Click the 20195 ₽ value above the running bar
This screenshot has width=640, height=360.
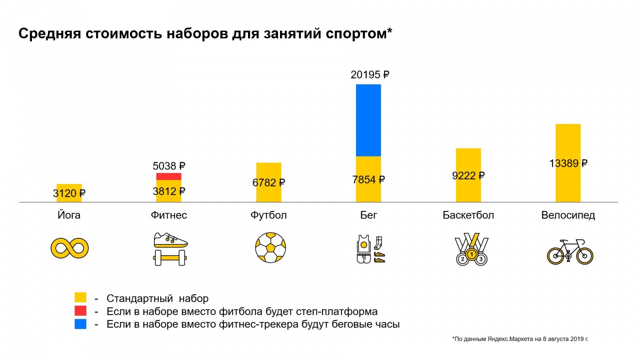[370, 75]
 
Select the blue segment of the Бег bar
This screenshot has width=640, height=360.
[368, 120]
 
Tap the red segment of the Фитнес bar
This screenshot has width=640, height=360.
[169, 176]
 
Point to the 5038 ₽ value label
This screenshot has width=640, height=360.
[169, 166]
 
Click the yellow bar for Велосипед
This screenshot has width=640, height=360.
[568, 144]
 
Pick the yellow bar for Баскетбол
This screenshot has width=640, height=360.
[468, 160]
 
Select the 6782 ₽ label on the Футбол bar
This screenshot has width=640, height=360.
[268, 183]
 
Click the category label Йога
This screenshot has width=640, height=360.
[69, 215]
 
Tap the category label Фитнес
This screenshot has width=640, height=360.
[169, 215]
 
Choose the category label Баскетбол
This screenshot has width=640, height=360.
[468, 215]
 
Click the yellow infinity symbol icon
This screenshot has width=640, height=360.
[70, 248]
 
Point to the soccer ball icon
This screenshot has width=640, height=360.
[270, 248]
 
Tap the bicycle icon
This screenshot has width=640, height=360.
[570, 252]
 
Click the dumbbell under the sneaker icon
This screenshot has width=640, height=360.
[170, 258]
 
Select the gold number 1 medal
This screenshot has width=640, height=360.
[472, 254]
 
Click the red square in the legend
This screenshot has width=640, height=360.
[80, 311]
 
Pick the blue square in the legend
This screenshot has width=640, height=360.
[80, 324]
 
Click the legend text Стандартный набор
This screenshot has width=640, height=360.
[157, 298]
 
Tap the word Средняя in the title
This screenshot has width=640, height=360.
[50, 34]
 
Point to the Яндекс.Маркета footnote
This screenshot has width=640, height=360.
[520, 339]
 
